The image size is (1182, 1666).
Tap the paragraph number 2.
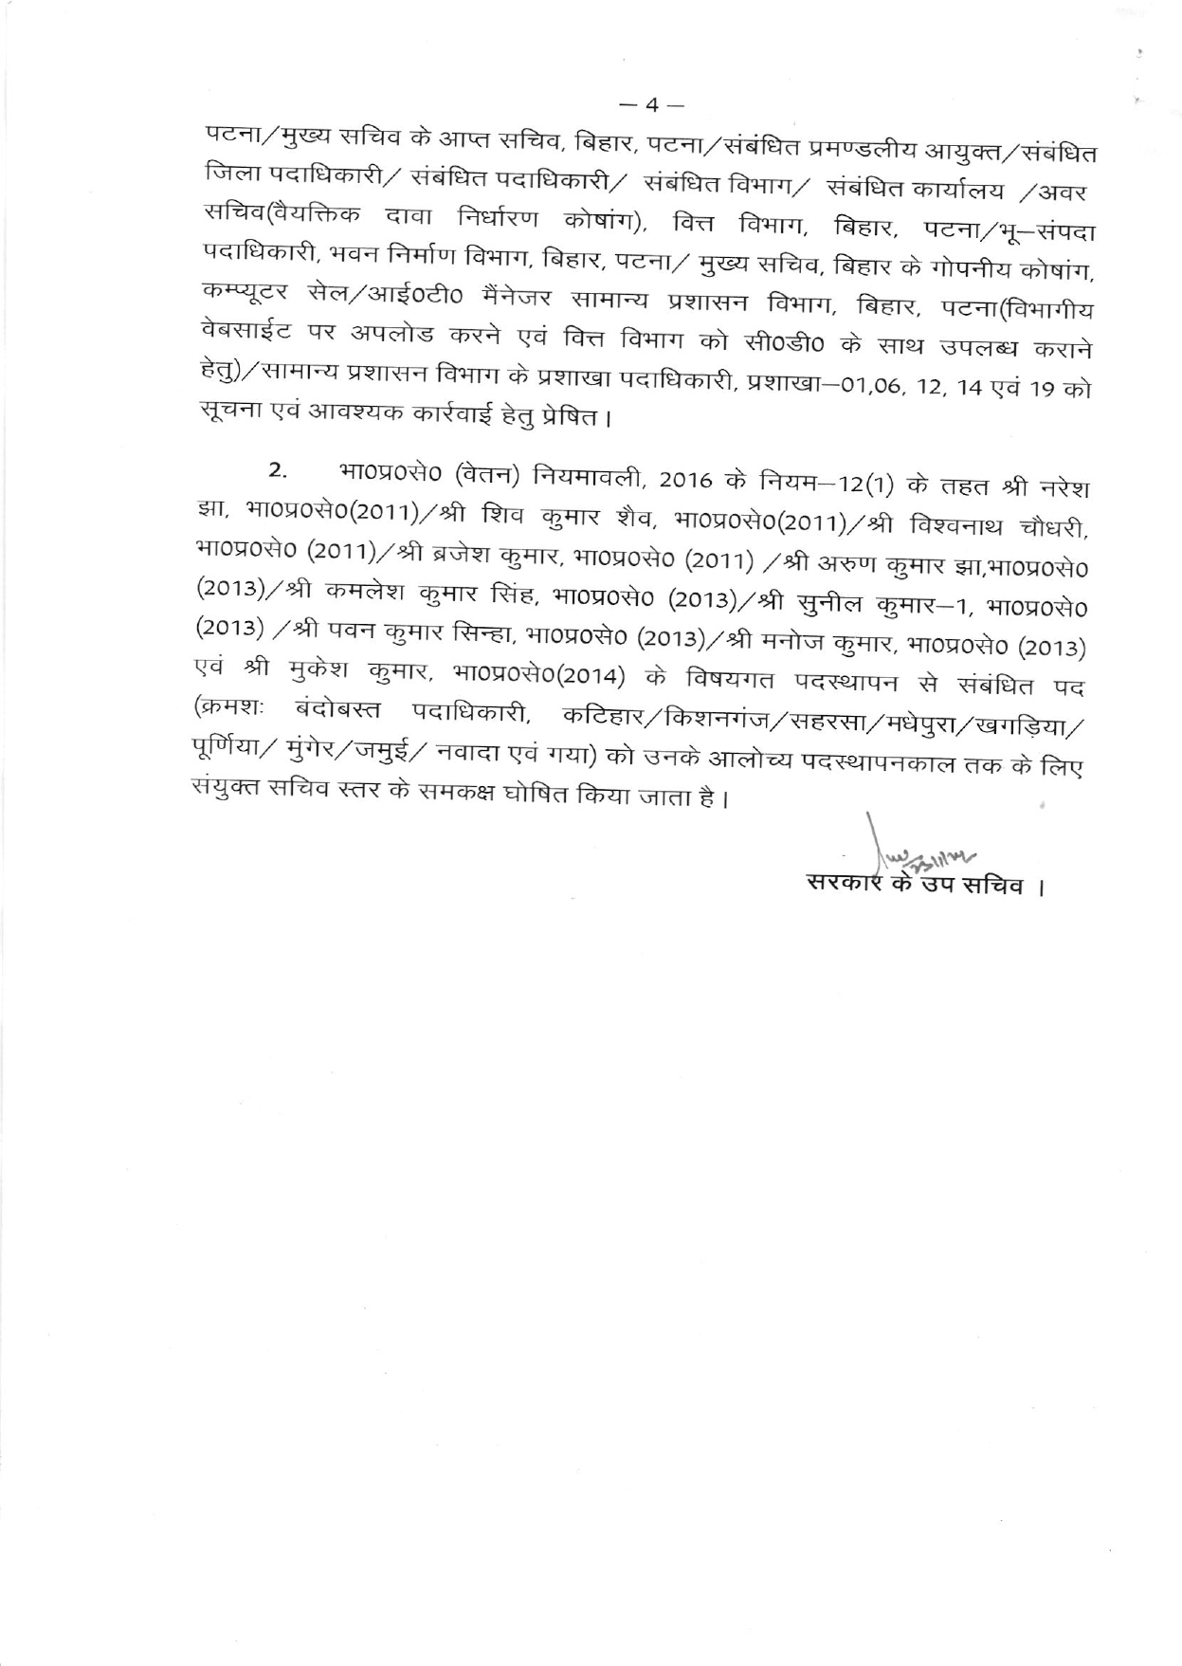tap(276, 469)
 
